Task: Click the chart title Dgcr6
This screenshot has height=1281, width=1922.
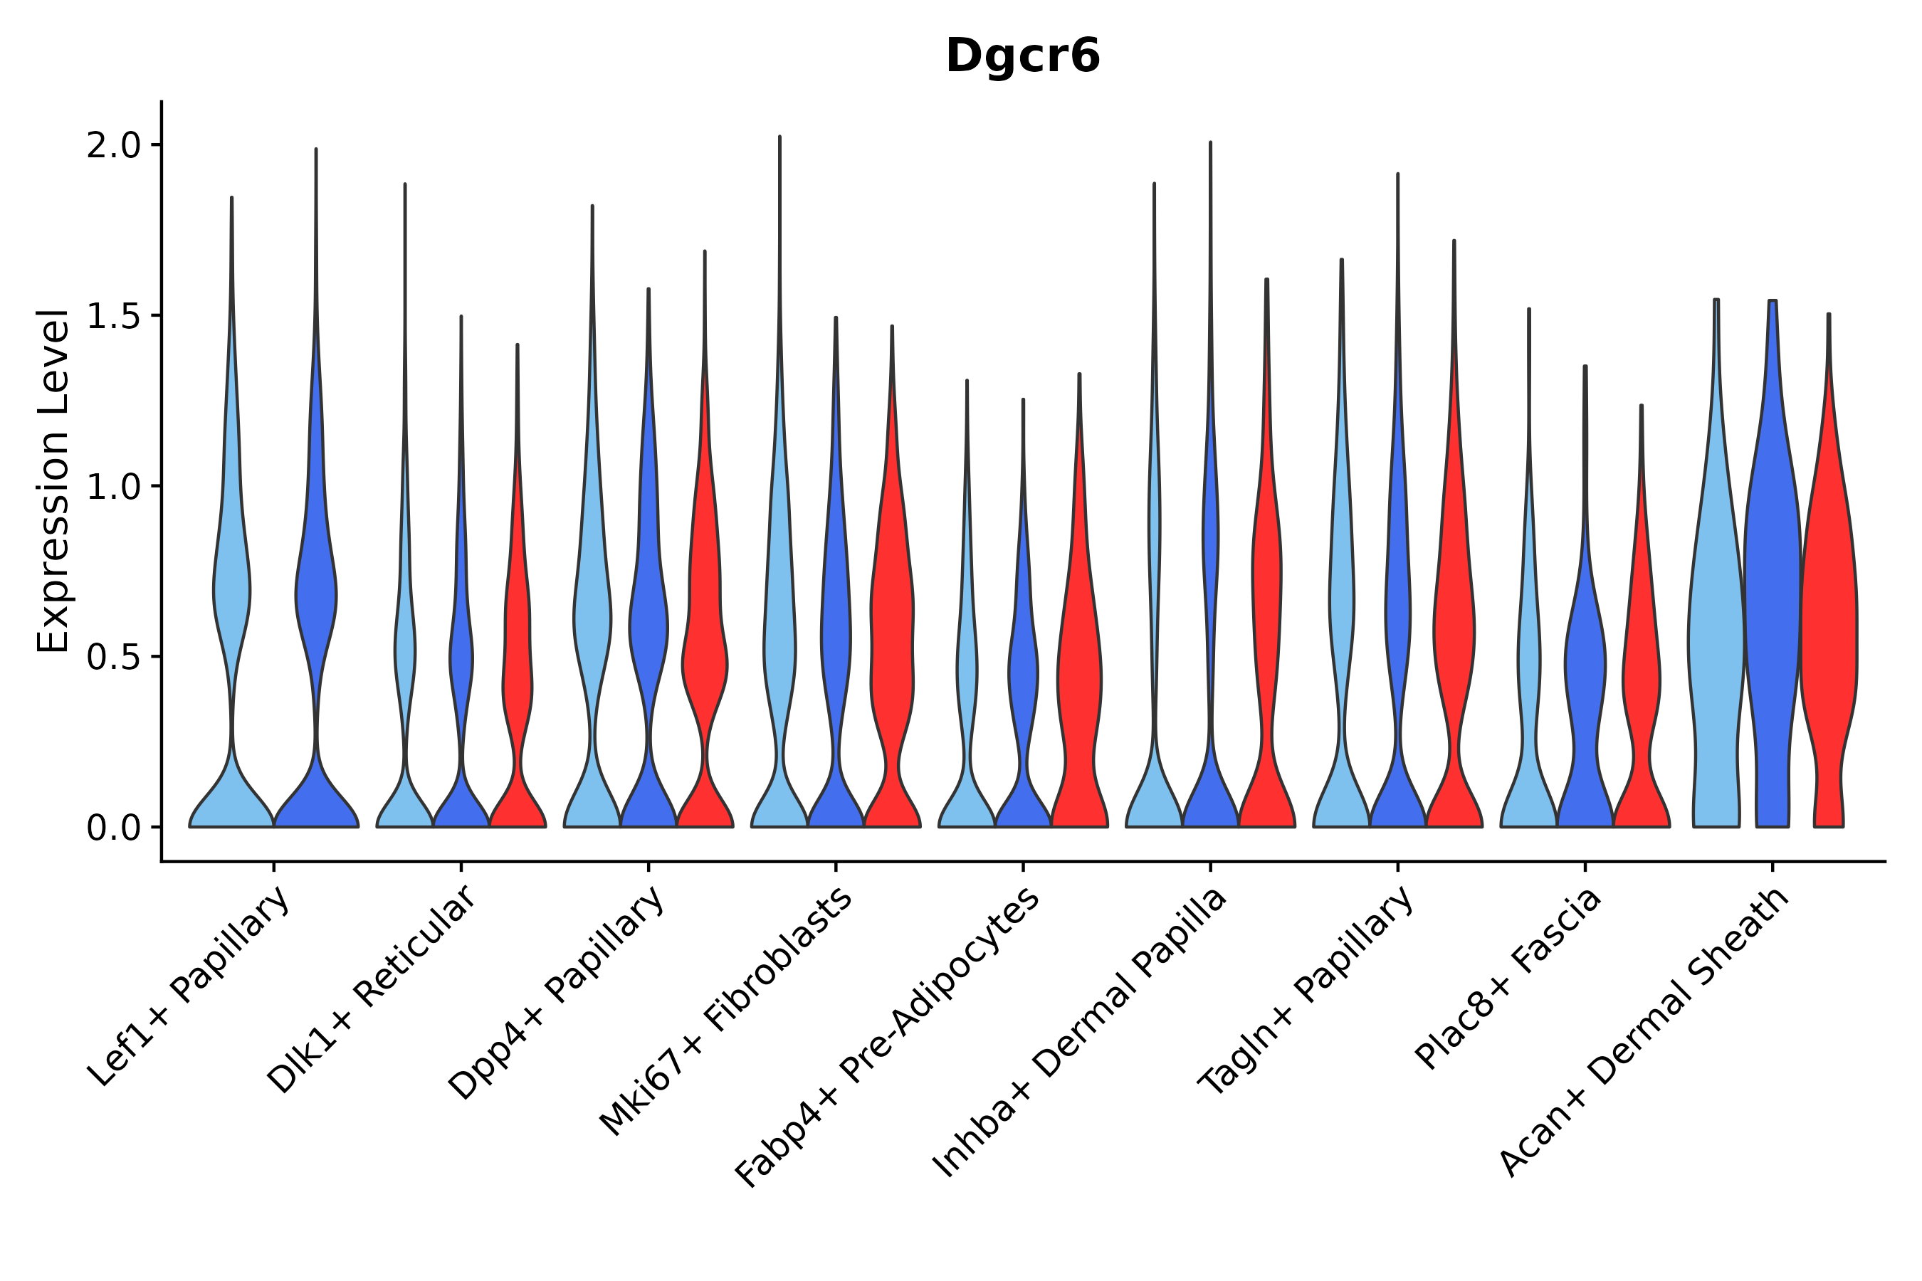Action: pos(1022,56)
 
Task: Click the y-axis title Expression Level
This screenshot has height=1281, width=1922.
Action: pos(53,481)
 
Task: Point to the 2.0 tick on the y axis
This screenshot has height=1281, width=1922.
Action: pos(114,146)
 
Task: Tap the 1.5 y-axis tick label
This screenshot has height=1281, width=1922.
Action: pos(114,317)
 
